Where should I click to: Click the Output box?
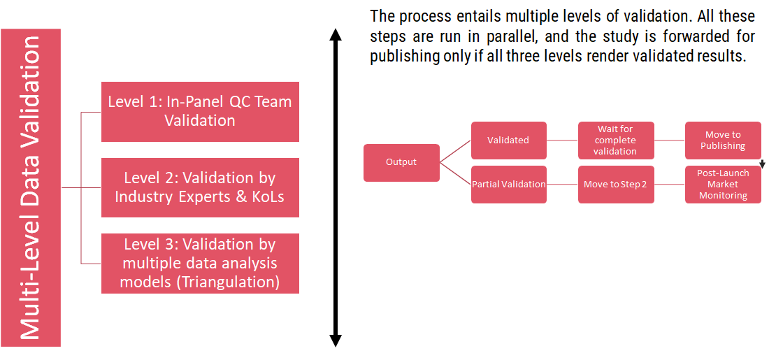point(401,162)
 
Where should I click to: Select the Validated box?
point(508,140)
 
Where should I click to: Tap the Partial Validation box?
point(508,185)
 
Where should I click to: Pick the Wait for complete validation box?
point(616,140)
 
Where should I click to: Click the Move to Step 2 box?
point(616,185)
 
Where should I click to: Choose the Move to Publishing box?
point(723,140)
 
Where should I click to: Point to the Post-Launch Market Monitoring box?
point(723,185)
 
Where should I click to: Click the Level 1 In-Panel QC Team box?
point(200,111)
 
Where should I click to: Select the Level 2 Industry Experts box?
point(200,187)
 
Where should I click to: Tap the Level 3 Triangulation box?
point(200,264)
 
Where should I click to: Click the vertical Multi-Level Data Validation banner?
point(31,187)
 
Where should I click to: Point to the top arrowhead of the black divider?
point(336,35)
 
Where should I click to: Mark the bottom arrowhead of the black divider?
point(336,340)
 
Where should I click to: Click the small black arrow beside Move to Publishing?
point(763,164)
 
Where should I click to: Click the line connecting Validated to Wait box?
point(562,140)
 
